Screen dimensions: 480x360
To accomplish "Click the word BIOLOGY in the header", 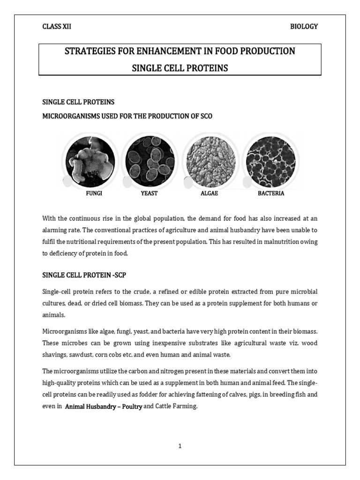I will tap(304, 26).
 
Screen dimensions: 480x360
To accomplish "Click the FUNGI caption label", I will tap(94, 193).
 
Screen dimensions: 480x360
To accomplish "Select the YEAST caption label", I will tap(149, 193).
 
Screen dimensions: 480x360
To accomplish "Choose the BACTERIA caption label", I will tap(271, 193).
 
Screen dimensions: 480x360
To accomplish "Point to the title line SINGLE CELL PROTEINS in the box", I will tap(180, 68).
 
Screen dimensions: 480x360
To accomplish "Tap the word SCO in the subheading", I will tap(205, 116).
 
